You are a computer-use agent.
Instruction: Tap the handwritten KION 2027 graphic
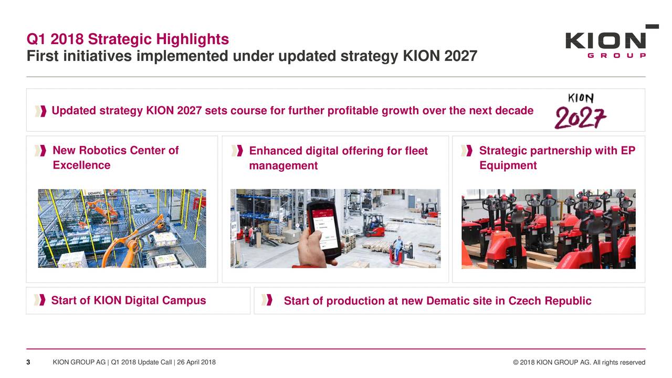(581, 111)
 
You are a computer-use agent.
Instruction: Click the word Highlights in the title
(192, 39)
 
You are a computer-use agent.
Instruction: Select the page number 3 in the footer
(28, 362)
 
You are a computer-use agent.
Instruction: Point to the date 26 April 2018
(196, 362)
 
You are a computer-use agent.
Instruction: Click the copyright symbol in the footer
(516, 362)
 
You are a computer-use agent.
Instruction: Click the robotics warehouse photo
(122, 228)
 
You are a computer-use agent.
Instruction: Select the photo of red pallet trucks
(549, 228)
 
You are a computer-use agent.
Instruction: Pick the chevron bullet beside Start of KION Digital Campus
(40, 300)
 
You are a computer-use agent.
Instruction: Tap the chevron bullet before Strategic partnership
(467, 151)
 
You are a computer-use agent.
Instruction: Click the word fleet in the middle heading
(416, 151)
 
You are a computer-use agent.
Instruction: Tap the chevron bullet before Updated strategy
(40, 111)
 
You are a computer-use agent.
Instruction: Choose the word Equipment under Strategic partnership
(508, 165)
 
